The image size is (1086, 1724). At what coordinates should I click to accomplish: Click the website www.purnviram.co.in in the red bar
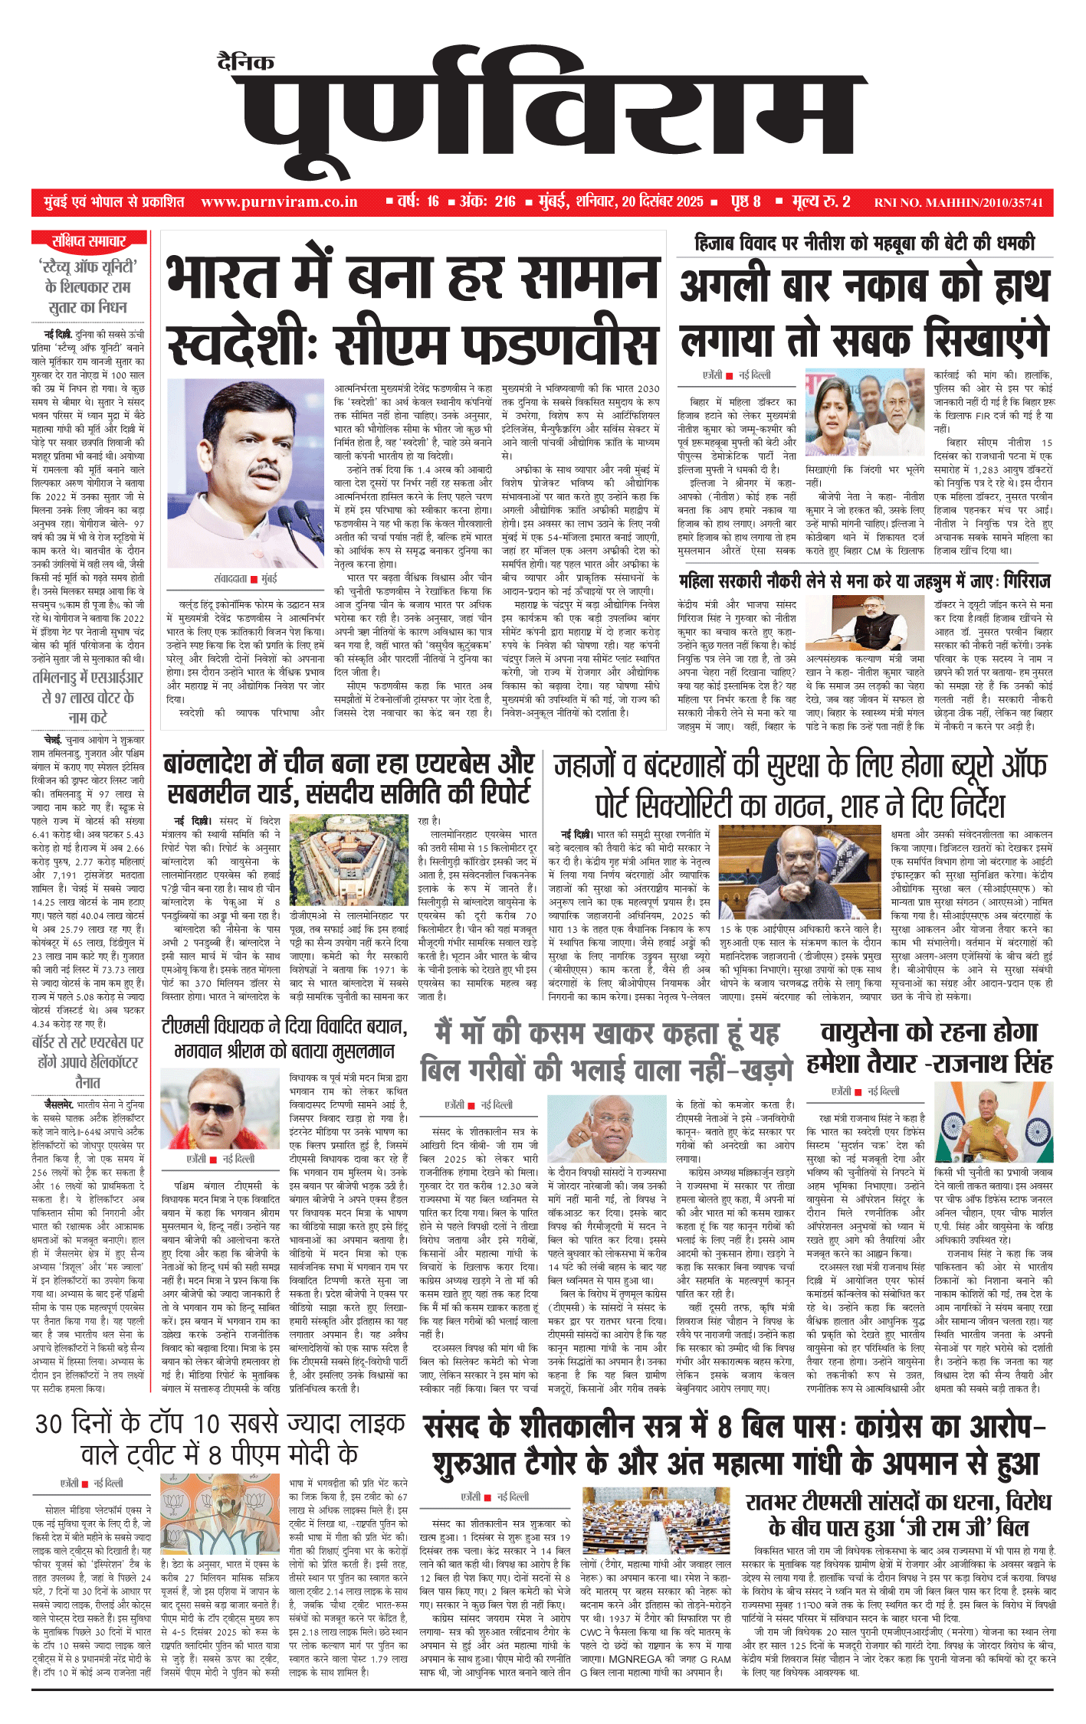tap(279, 202)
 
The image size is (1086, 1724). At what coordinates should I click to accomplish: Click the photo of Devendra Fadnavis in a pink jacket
tap(248, 474)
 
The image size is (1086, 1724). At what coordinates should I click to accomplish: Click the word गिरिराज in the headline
tap(1015, 581)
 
